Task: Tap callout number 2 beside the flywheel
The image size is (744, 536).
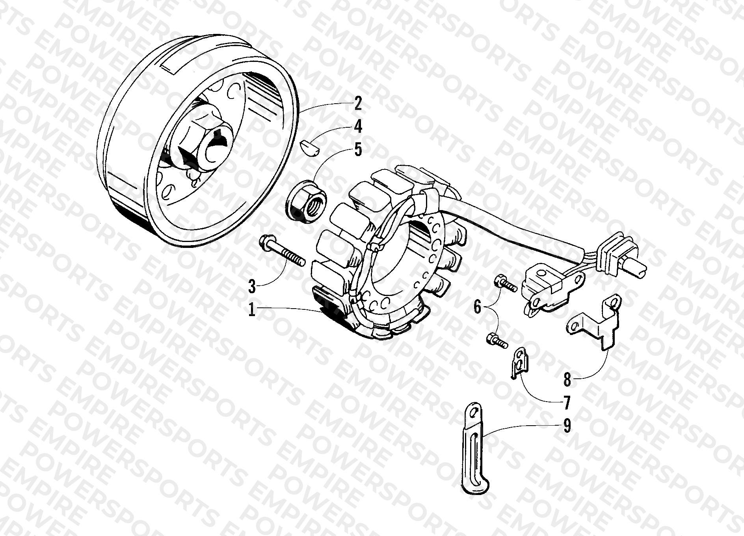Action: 357,104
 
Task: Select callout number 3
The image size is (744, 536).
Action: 251,286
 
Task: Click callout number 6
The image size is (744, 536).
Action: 477,306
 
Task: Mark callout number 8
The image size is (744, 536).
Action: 567,380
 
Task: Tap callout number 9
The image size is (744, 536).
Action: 567,426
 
